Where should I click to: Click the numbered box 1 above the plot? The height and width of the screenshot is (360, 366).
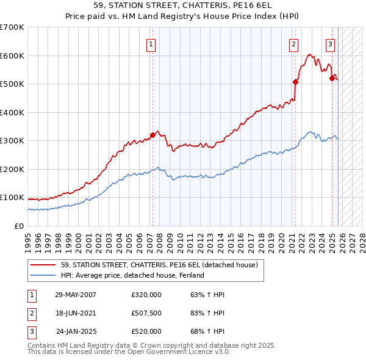[150, 43]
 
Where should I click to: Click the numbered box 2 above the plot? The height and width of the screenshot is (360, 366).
[293, 43]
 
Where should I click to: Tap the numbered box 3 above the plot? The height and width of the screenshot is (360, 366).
[330, 43]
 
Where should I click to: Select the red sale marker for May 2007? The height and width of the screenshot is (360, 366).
[152, 135]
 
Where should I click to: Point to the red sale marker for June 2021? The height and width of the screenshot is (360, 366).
[295, 82]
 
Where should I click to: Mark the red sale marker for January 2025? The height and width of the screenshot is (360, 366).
[332, 78]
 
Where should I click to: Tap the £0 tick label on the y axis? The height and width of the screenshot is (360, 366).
[18, 226]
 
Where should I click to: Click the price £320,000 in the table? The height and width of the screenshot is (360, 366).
[146, 295]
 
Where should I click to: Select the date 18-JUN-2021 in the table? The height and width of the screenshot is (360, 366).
[76, 313]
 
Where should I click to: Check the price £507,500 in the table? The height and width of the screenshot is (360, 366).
[146, 313]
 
